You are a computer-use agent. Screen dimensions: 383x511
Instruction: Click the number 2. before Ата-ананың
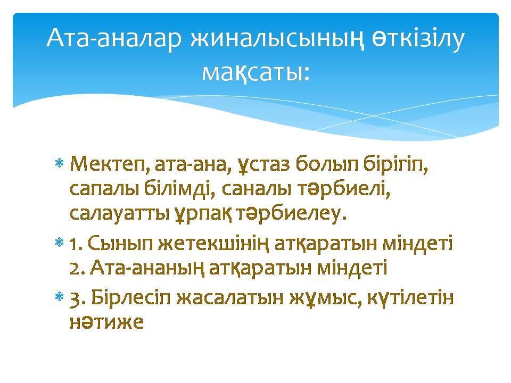click(x=76, y=268)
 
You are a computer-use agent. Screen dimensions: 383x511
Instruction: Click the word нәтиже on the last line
click(x=106, y=322)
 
